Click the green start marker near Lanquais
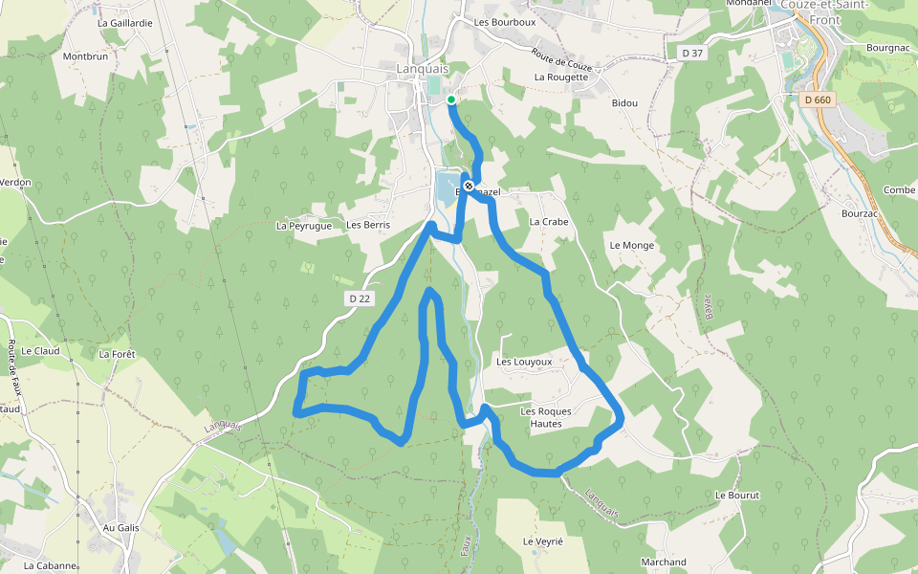[x=451, y=99]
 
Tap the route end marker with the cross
[x=469, y=186]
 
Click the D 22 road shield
[x=360, y=298]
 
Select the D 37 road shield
[x=690, y=53]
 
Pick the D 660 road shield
[x=818, y=99]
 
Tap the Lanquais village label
[x=421, y=69]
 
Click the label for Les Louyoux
[x=524, y=363]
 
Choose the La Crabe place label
[x=548, y=221]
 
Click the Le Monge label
[x=631, y=245]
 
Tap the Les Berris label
[x=368, y=225]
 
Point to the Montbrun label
[x=85, y=56]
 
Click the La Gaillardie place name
[x=124, y=22]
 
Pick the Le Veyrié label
[x=543, y=541]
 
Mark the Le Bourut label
[x=736, y=496]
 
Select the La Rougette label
[x=561, y=77]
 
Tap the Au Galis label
[x=121, y=527]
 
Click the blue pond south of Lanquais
[x=447, y=189]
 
